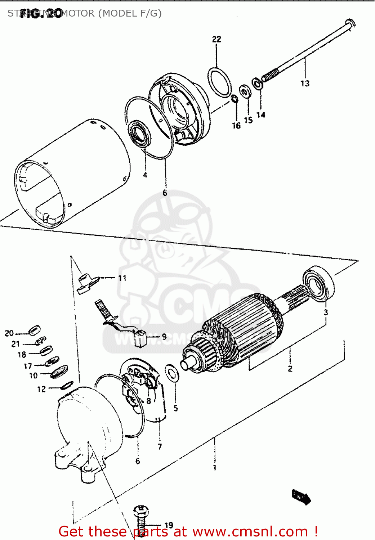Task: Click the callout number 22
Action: (216, 39)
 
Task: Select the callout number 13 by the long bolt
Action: (305, 84)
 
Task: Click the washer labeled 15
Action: (245, 92)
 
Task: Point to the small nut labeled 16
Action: (235, 98)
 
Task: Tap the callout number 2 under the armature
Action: (290, 369)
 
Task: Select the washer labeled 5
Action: (172, 373)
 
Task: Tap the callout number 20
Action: (9, 333)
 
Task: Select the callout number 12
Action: (41, 389)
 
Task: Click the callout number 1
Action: (214, 468)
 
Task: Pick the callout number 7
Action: (160, 447)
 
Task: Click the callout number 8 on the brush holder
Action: (148, 401)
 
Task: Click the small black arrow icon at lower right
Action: (302, 497)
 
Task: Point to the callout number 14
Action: (261, 115)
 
